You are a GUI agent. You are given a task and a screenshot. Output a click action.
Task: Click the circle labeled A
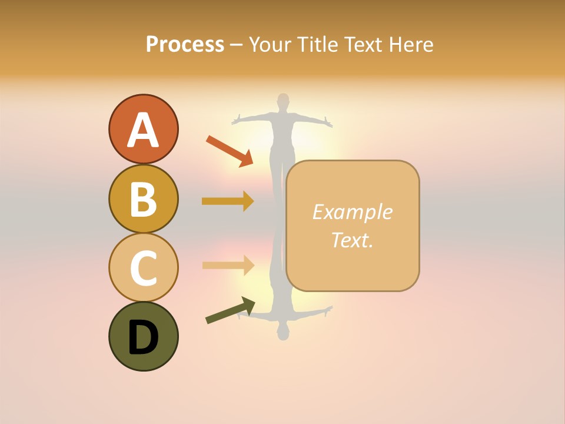click(143, 129)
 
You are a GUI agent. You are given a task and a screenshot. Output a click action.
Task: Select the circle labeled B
click(143, 198)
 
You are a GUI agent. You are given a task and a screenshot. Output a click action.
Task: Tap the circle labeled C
click(143, 267)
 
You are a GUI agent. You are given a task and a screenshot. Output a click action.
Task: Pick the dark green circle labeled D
click(143, 336)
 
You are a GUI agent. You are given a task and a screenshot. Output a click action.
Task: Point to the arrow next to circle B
click(228, 201)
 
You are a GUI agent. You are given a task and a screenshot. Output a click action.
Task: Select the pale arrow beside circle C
click(228, 265)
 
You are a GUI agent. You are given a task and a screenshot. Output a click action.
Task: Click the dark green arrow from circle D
click(230, 310)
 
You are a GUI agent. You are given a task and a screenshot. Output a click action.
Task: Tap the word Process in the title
click(185, 44)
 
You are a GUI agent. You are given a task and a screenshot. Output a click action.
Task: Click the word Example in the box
click(352, 212)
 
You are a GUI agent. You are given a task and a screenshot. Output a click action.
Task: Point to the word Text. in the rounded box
click(352, 240)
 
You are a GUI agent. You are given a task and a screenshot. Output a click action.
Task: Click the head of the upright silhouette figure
click(284, 101)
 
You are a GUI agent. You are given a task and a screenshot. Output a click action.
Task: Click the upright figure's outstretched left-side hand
click(237, 121)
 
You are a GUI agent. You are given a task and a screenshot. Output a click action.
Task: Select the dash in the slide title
click(237, 45)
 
